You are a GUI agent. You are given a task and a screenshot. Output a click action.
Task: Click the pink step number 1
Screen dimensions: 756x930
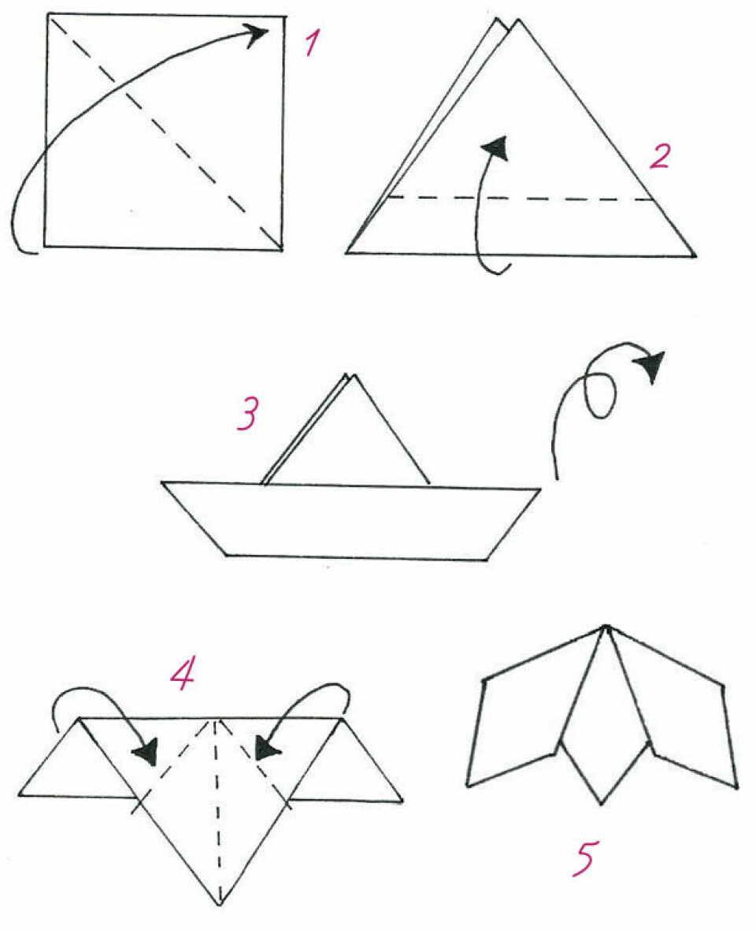click(313, 43)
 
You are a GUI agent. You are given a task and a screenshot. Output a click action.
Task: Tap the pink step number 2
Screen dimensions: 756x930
click(660, 156)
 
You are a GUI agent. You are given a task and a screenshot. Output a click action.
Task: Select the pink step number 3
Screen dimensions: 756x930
click(248, 414)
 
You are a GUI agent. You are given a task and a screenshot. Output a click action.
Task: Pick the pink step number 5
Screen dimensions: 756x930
click(585, 857)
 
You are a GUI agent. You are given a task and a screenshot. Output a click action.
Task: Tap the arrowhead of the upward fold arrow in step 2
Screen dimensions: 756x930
click(496, 147)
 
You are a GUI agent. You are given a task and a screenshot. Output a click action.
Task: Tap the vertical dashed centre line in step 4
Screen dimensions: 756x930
click(218, 812)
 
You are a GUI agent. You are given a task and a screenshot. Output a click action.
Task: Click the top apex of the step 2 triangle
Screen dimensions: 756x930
click(518, 21)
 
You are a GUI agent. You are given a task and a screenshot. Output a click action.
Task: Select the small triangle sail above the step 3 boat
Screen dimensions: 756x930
click(346, 430)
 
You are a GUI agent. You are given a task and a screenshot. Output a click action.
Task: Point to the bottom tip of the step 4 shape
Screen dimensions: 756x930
click(219, 905)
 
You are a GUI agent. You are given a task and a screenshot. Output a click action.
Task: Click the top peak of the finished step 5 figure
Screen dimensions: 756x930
click(605, 627)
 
